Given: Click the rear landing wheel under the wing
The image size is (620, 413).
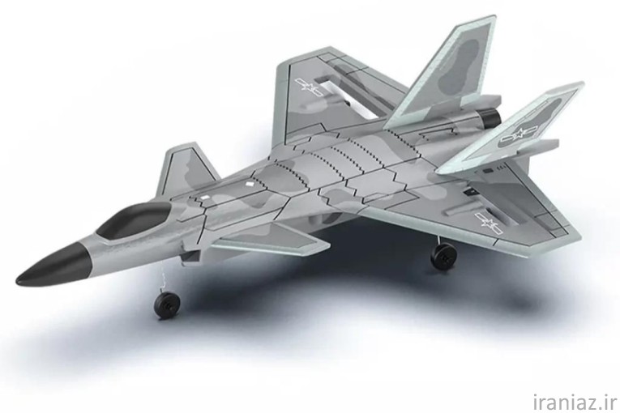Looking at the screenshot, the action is click(443, 257).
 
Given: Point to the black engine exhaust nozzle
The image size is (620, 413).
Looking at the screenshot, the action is click(490, 117).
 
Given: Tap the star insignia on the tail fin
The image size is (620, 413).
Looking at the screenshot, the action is click(518, 134).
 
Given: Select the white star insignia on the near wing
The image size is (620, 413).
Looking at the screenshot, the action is click(489, 224).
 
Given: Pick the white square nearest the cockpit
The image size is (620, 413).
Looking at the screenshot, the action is click(204, 197).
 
